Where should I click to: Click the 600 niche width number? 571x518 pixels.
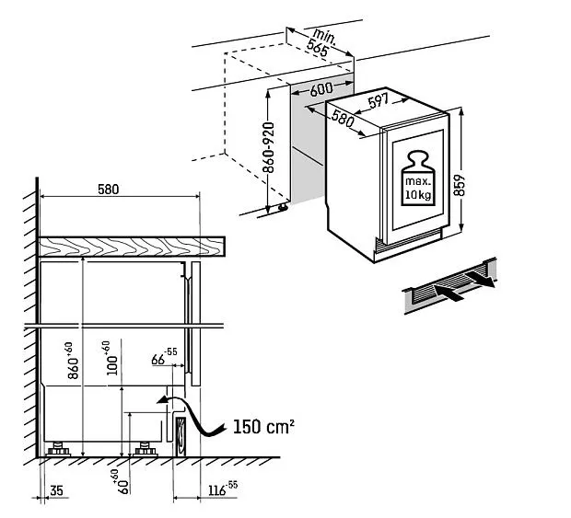[321, 90]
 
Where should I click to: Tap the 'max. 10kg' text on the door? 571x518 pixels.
[419, 190]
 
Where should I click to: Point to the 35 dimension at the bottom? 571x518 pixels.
[55, 493]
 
